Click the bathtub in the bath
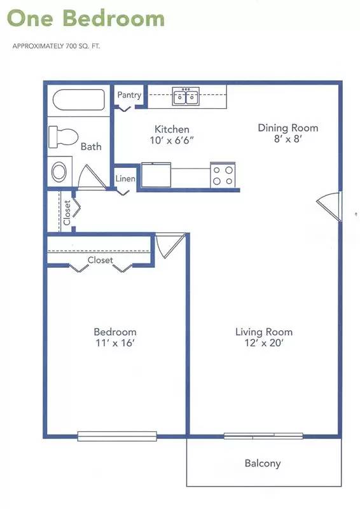click(x=79, y=100)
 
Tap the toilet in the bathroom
click(x=64, y=137)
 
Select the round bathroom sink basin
click(x=59, y=172)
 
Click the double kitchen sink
click(x=186, y=96)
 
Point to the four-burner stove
click(x=223, y=175)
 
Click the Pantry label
click(x=129, y=95)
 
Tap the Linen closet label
click(x=125, y=179)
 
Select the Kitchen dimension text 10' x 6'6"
click(x=172, y=141)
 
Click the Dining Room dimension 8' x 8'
click(x=288, y=139)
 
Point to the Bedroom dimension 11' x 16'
click(x=115, y=343)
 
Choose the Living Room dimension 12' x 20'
click(x=264, y=343)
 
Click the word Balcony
click(x=263, y=463)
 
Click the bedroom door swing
click(x=169, y=245)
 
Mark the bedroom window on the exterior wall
click(x=117, y=436)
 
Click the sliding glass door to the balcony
click(x=263, y=436)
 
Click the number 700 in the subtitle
click(x=71, y=46)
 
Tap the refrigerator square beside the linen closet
click(x=156, y=175)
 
